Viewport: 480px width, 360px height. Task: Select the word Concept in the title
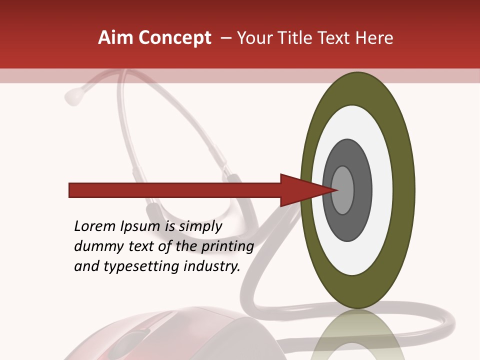174,38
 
